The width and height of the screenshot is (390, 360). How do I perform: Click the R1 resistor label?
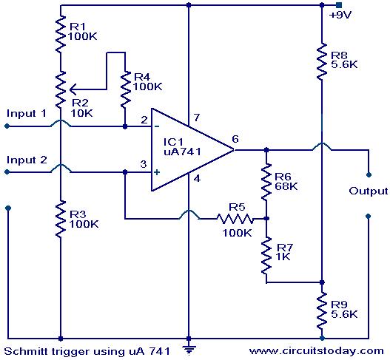pyautogui.click(x=78, y=26)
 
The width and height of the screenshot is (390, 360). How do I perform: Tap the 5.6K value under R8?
pyautogui.click(x=344, y=64)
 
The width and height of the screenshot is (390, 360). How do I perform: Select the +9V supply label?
pyautogui.click(x=340, y=16)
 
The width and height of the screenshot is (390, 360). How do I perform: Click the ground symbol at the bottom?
pyautogui.click(x=189, y=350)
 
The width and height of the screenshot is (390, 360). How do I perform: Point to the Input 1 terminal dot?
pyautogui.click(x=7, y=126)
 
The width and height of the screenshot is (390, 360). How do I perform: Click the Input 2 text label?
pyautogui.click(x=27, y=160)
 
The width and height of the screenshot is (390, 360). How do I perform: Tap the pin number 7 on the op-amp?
pyautogui.click(x=197, y=118)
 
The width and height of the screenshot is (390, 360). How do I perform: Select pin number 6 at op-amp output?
pyautogui.click(x=235, y=139)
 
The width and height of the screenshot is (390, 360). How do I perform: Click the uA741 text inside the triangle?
pyautogui.click(x=182, y=152)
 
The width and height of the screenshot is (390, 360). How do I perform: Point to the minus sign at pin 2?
pyautogui.click(x=157, y=126)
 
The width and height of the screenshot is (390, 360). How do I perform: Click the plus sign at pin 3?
pyautogui.click(x=157, y=172)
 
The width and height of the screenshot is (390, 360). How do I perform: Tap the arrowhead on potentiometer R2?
pyautogui.click(x=73, y=89)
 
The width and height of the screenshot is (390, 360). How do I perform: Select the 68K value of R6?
pyautogui.click(x=286, y=186)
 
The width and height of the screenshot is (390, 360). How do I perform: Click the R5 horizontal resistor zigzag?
pyautogui.click(x=235, y=219)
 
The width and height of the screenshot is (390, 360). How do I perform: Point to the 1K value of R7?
pyautogui.click(x=283, y=257)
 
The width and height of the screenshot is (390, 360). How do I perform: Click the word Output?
pyautogui.click(x=369, y=191)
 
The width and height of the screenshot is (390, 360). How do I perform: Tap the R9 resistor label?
pyautogui.click(x=339, y=305)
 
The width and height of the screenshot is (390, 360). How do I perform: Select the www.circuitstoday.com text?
pyautogui.click(x=317, y=351)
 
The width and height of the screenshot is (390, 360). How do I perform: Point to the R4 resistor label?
pyautogui.click(x=142, y=77)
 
